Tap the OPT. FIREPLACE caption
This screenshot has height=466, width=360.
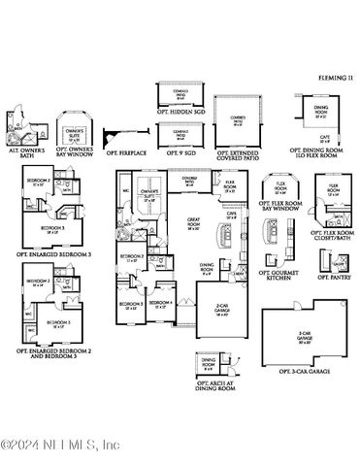point(127,152)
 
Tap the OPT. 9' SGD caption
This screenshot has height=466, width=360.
point(180,152)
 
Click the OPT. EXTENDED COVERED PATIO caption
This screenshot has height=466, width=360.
point(237,154)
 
